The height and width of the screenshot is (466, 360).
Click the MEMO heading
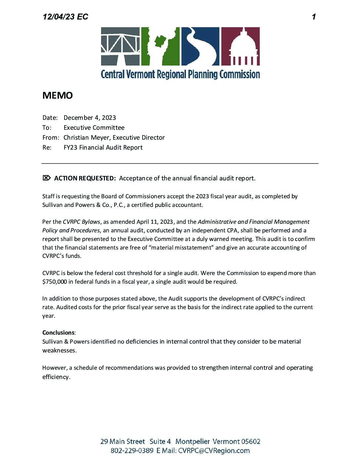click(58, 95)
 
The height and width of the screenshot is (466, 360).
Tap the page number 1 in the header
click(314, 17)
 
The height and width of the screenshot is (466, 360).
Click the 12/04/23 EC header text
click(65, 17)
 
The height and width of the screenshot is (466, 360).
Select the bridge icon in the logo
click(120, 46)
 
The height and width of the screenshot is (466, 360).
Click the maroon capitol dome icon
click(240, 46)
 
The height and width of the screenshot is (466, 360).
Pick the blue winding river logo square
click(200, 46)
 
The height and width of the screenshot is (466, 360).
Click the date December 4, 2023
click(90, 117)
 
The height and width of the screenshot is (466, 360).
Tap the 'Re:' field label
click(47, 147)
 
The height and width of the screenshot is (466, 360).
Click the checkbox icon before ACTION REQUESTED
click(47, 178)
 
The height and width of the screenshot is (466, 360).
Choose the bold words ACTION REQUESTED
click(85, 178)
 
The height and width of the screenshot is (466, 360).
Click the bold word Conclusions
click(58, 333)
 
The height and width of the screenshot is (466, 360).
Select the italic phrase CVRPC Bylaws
click(81, 222)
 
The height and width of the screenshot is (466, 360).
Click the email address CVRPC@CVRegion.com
click(214, 450)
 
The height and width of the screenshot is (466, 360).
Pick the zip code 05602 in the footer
click(250, 442)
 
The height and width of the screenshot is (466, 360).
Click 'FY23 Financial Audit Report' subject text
click(103, 147)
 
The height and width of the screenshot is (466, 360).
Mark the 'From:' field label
click(51, 137)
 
